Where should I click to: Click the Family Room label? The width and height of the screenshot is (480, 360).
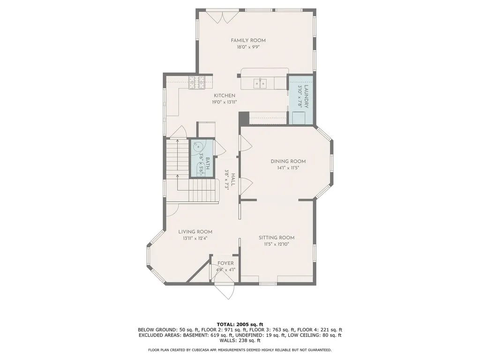[248, 40]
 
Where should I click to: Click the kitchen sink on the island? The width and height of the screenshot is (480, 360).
[260, 83]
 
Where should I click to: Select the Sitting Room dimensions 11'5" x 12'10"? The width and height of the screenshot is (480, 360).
[277, 244]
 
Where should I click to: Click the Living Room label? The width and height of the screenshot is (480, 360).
[195, 232]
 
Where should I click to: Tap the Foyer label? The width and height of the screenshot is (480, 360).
[225, 263]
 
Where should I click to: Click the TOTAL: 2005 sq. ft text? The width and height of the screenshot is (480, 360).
[240, 324]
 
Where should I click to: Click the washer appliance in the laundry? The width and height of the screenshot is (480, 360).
[300, 118]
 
